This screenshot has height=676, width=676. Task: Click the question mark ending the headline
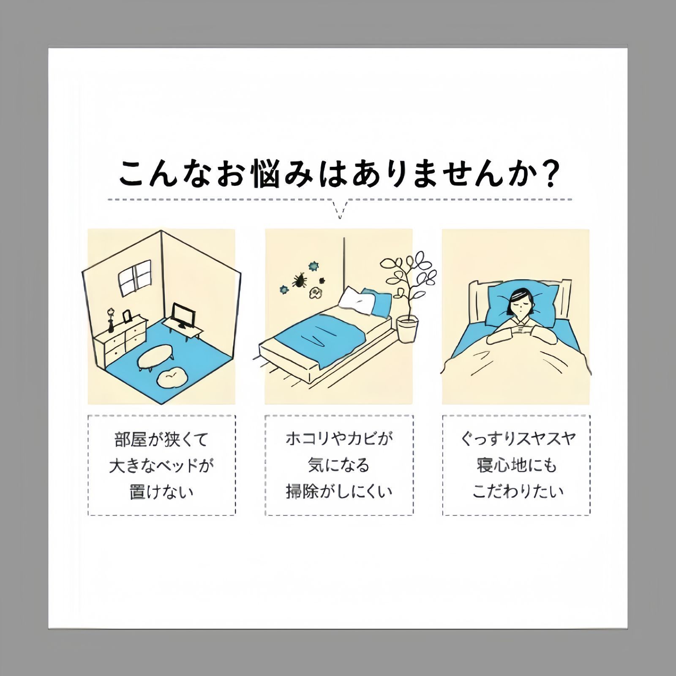(550, 174)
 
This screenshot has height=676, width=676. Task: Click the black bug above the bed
(300, 279)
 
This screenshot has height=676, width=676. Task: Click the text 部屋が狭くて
(161, 440)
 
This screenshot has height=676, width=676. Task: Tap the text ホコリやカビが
(339, 439)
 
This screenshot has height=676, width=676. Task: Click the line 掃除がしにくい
(339, 491)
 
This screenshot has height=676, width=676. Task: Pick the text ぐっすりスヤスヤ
(517, 439)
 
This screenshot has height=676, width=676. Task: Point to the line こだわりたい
(518, 491)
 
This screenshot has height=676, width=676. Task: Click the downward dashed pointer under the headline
(339, 209)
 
